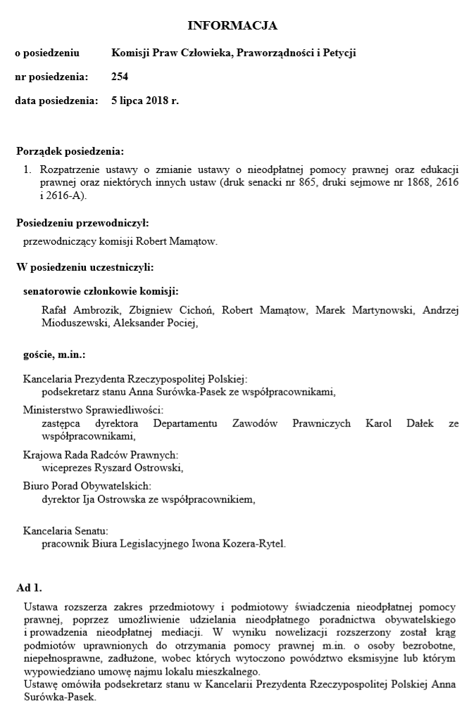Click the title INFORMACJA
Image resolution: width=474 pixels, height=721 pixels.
[x=232, y=26]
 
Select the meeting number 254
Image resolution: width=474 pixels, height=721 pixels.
[x=120, y=76]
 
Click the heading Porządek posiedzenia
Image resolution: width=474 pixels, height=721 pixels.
[x=70, y=151]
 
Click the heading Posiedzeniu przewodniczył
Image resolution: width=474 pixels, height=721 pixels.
[x=82, y=223]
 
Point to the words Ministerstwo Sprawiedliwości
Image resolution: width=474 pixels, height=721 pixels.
[x=93, y=409]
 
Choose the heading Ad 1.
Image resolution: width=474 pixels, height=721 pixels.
[x=29, y=587]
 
